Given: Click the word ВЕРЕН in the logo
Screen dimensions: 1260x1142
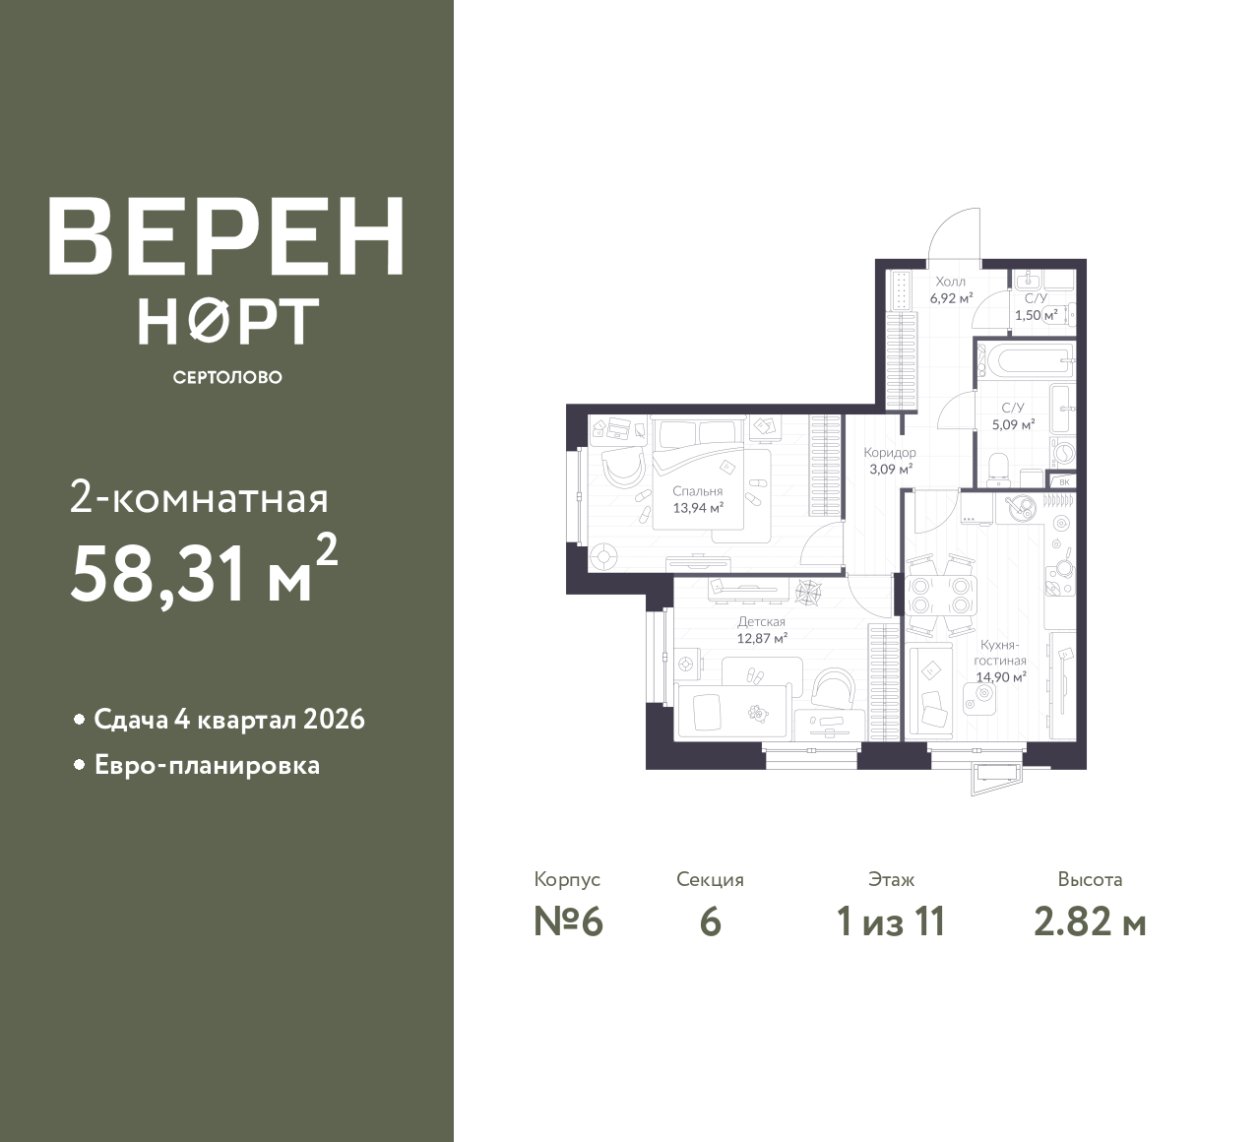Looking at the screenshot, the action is click(226, 236).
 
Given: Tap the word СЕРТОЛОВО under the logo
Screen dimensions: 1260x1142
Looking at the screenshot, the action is click(227, 377).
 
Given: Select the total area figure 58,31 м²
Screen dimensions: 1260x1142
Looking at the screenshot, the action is click(204, 572).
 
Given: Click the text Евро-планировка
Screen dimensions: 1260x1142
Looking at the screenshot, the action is click(207, 766).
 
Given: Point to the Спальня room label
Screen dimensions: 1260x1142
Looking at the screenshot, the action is click(697, 491).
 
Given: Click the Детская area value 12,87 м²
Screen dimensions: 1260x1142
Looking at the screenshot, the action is click(762, 639).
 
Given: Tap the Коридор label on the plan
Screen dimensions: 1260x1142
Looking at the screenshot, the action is click(890, 452).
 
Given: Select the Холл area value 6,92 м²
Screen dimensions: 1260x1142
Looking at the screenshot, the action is click(952, 298).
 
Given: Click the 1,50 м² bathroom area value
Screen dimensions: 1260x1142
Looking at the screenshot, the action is click(1036, 315).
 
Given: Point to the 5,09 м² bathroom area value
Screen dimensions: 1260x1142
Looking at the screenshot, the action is click(1013, 424).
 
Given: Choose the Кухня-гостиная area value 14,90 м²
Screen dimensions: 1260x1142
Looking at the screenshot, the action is click(1001, 677).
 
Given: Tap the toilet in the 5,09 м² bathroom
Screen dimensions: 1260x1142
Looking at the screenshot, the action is click(999, 471).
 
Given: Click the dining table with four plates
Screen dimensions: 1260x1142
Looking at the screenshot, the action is click(939, 596).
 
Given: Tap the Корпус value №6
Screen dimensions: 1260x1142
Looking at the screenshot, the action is click(568, 922).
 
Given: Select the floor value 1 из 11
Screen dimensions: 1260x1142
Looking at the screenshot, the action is click(891, 922).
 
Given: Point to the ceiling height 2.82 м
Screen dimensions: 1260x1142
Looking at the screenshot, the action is click(1090, 922).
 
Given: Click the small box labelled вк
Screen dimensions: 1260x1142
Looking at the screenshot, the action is click(1063, 481).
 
